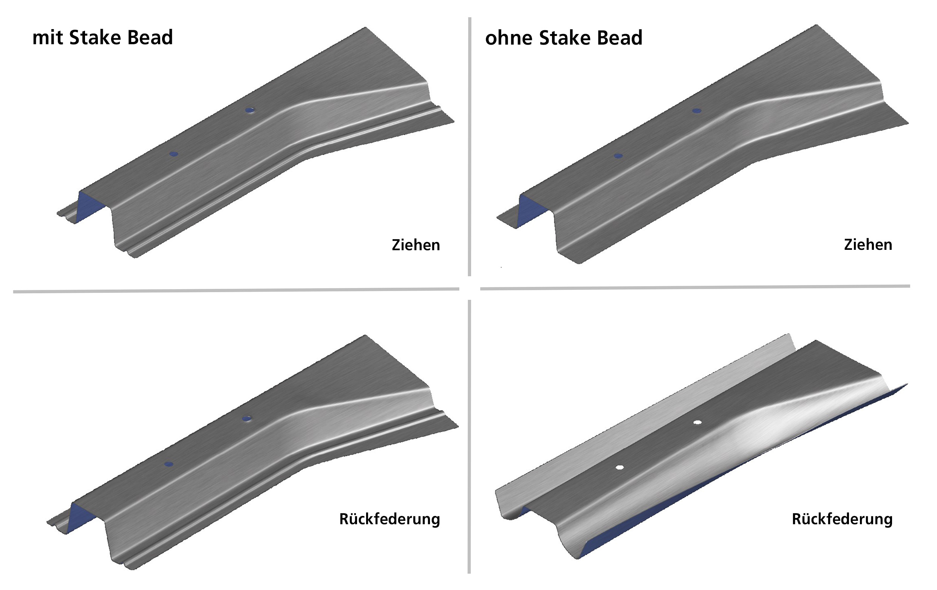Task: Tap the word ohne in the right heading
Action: coord(509,38)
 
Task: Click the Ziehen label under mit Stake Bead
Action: coord(416,245)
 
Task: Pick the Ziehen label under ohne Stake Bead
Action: coord(868,245)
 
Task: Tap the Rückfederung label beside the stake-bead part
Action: coord(390,519)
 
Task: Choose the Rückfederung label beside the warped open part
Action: coord(842,519)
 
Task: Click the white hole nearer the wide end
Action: coord(697,422)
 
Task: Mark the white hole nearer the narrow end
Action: coord(620,468)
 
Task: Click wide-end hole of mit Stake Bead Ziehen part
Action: coord(250,110)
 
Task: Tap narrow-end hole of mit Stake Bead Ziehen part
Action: coord(173,154)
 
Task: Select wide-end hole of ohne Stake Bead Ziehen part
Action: coord(697,111)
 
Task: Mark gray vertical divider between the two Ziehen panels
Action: coord(470,147)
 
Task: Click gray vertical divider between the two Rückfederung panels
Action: coord(469,437)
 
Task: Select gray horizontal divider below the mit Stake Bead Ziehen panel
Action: coord(236,290)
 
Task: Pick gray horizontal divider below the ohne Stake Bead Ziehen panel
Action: coord(695,287)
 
